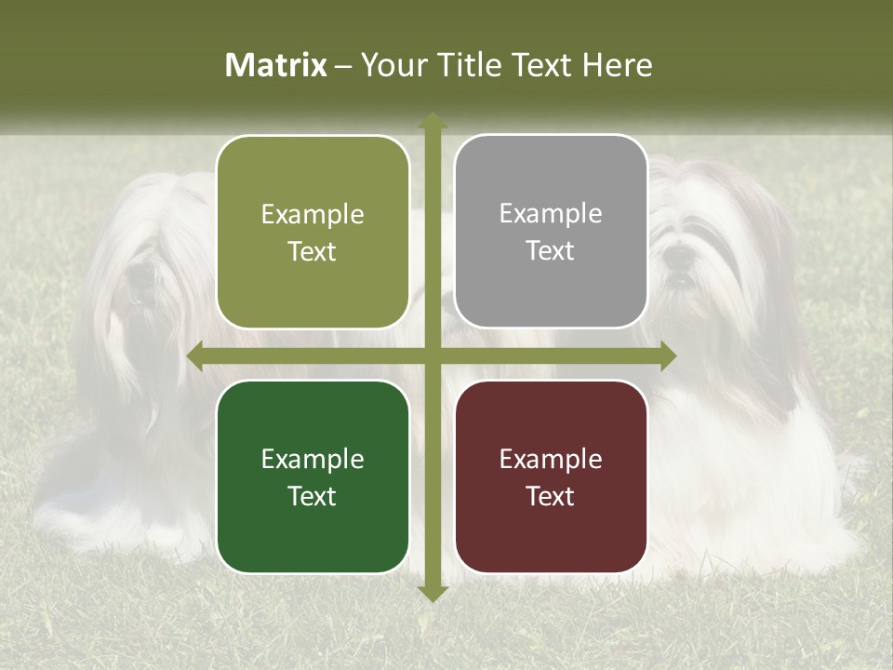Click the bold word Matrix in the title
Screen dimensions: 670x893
point(276,65)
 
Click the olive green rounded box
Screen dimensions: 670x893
point(313,232)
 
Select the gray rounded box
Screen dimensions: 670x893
point(551,232)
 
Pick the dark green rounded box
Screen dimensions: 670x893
point(313,476)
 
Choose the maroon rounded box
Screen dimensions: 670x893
point(551,476)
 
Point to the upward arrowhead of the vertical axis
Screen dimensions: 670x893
point(432,121)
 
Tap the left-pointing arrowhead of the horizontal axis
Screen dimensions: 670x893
point(196,356)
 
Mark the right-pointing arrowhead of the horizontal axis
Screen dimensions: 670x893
point(667,356)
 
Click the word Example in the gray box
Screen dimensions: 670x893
point(551,214)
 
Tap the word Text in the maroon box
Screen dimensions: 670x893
point(551,496)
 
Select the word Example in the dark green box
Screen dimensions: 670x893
point(313,459)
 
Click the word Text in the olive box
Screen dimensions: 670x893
point(313,252)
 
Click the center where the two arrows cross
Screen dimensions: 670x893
point(432,356)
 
